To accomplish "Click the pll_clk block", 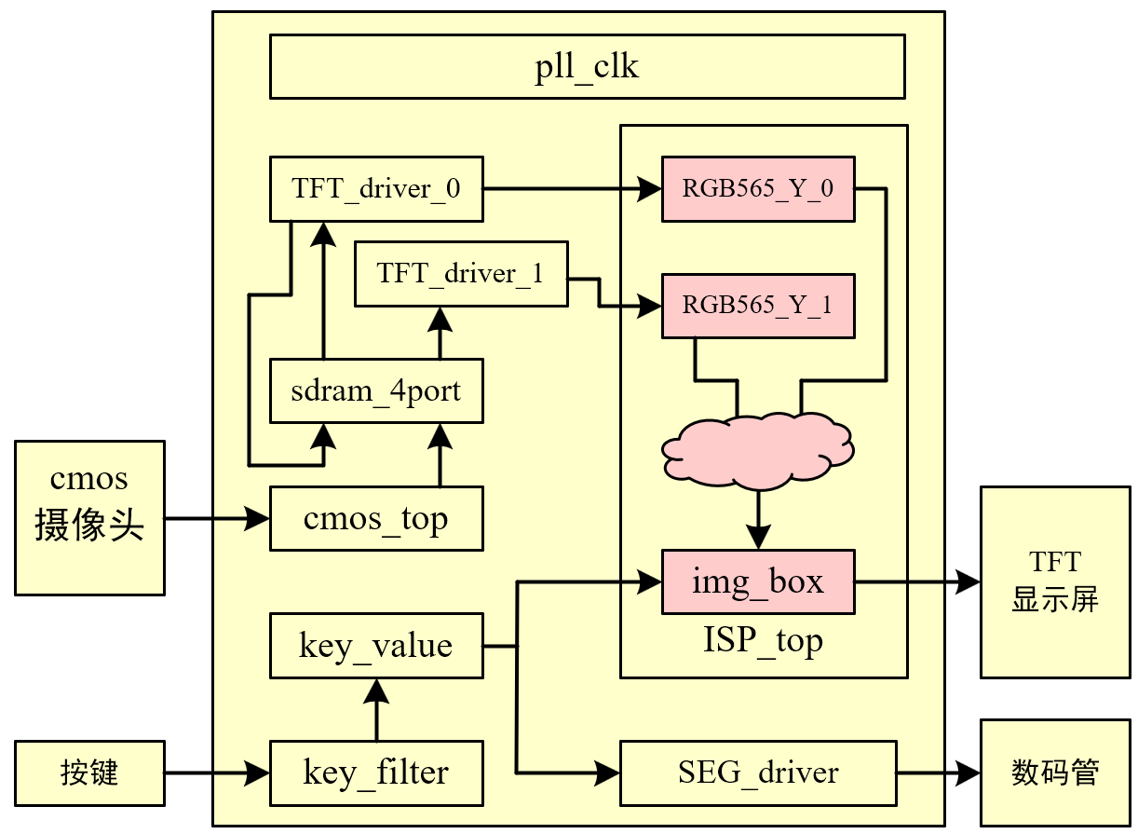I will pos(587,66).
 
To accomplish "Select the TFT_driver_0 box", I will pos(376,189).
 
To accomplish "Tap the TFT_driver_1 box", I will pos(460,274).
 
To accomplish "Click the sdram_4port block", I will pos(376,390).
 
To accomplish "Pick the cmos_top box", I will pos(376,518).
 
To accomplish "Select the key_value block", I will pos(376,646).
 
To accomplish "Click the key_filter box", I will pos(376,772).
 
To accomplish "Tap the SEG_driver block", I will pos(758,772).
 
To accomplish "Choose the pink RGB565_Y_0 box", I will pos(758,189).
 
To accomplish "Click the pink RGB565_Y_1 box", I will pos(758,305).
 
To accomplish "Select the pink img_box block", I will pos(758,582).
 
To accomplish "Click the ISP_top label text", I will pos(763,642).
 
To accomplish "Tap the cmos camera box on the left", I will pos(89,517).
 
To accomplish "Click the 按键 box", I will pos(89,772).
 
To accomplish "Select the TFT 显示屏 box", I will pos(1055,581).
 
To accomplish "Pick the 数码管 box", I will pos(1055,772).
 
